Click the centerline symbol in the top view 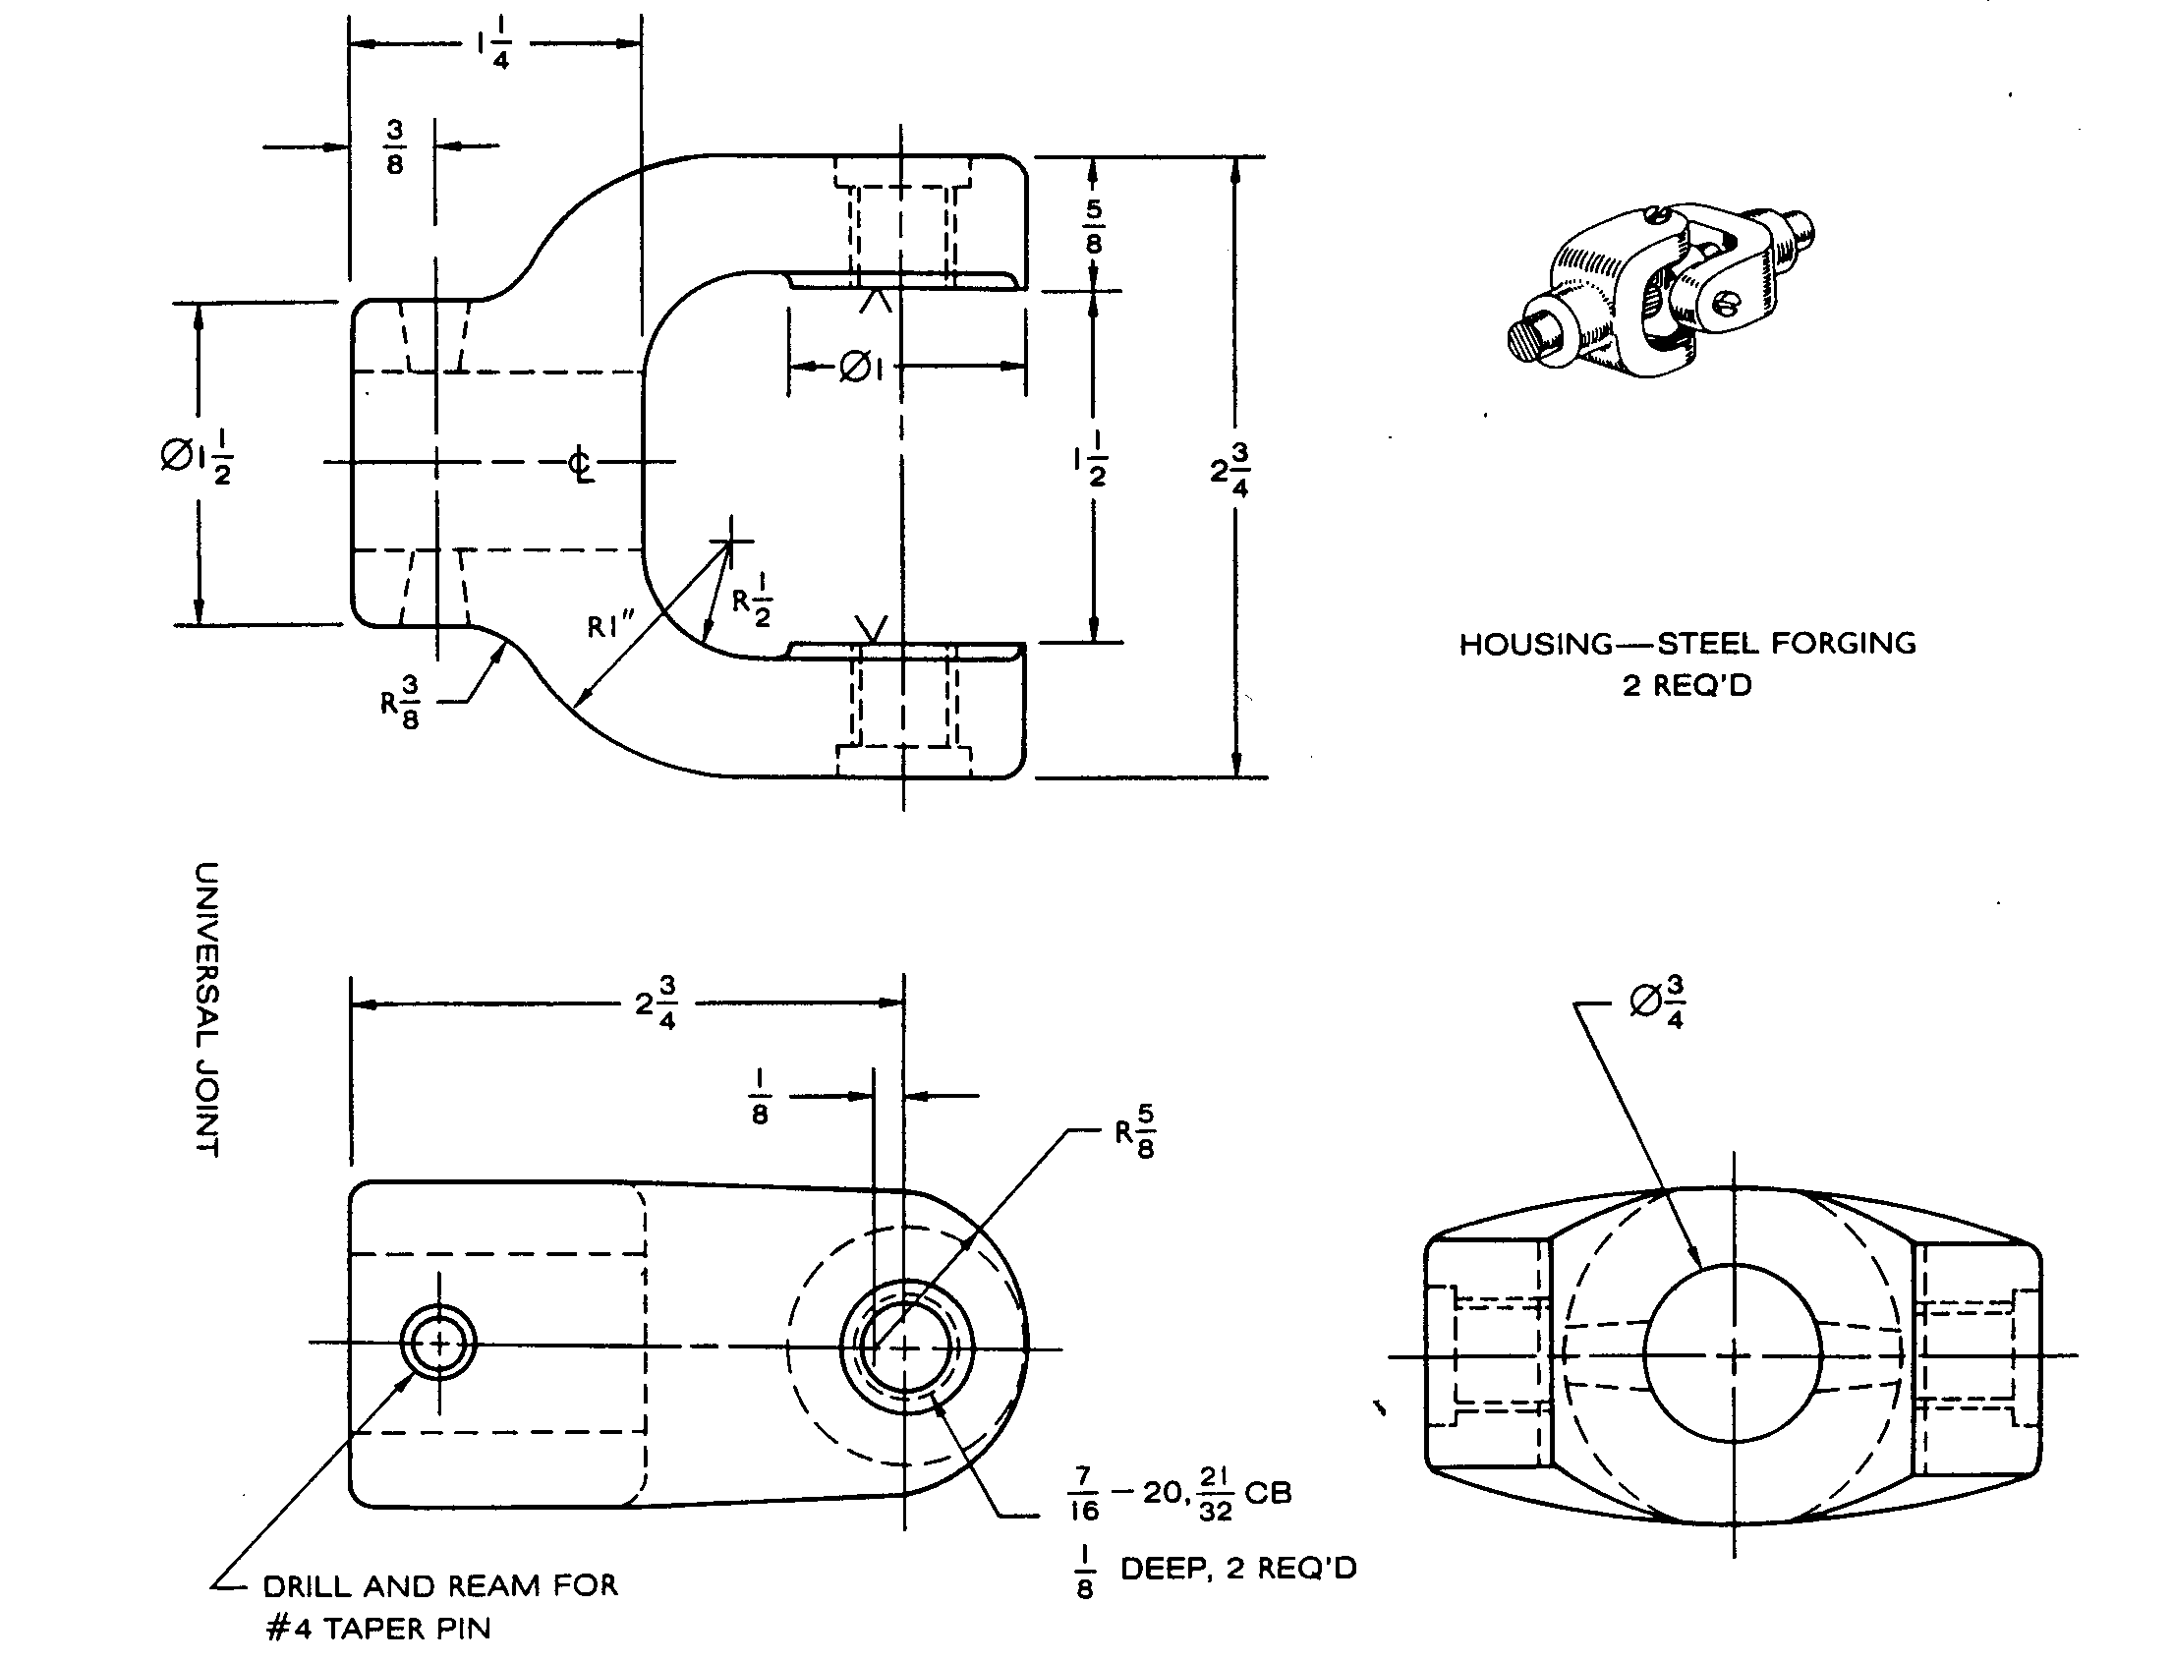coord(582,464)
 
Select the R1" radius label coord(610,627)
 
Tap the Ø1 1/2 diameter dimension coord(197,459)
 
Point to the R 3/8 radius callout coord(401,703)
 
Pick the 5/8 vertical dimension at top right coord(1093,225)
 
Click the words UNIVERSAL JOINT coord(205,1009)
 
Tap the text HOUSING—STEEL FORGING coord(1687,644)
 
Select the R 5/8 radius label coord(1135,1131)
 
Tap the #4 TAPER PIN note coord(378,1629)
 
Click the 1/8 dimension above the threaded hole coord(759,1097)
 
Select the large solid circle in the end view coord(1732,1352)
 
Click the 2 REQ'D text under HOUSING coord(1686,685)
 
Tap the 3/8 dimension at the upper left coord(395,147)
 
